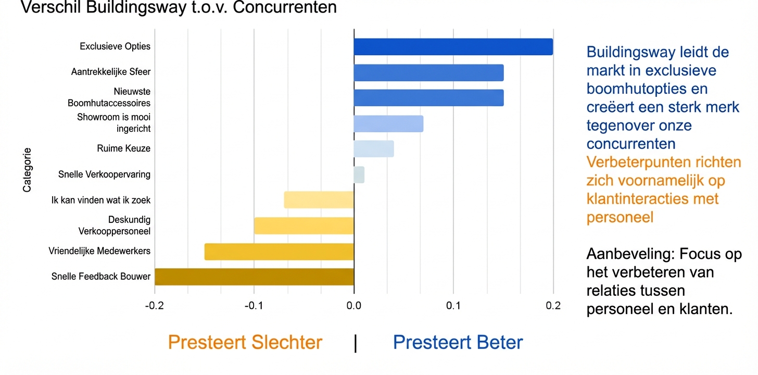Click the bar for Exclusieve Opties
coord(453,47)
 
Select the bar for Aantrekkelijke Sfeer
coord(428,72)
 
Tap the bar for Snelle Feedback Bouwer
coord(254,277)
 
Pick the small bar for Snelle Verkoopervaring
coord(359,174)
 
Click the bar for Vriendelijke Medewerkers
coord(279,252)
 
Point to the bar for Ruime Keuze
coord(374,148)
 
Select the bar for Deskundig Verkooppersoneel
coord(304,226)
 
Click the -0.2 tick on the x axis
coord(154,306)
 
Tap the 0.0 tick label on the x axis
coord(354,306)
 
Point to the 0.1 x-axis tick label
coord(453,306)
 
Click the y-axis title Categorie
coord(27,170)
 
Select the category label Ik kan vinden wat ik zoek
coord(101,200)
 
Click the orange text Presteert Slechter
coord(245,343)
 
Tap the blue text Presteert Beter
coord(458,343)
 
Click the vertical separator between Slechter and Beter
coord(356,343)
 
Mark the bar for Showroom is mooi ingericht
coord(388,123)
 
